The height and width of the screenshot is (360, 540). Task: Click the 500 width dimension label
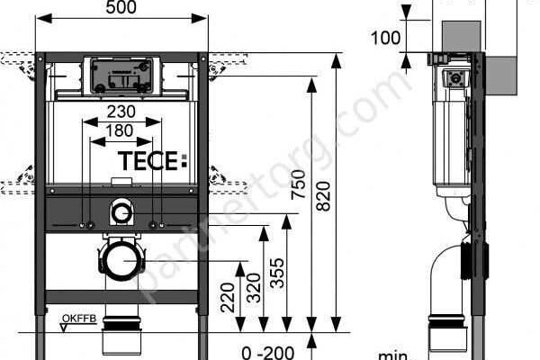pyautogui.click(x=121, y=7)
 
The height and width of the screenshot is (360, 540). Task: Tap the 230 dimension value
pyautogui.click(x=121, y=112)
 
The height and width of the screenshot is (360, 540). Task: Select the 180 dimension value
pyautogui.click(x=119, y=130)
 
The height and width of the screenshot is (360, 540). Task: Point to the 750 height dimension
pyautogui.click(x=298, y=184)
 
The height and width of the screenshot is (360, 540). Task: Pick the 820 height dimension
pyautogui.click(x=323, y=196)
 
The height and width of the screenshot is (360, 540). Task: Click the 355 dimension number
pyautogui.click(x=277, y=273)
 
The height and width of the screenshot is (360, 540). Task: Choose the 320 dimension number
pyautogui.click(x=254, y=288)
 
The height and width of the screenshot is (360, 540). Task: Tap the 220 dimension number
pyautogui.click(x=228, y=297)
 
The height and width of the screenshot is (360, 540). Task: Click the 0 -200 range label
pyautogui.click(x=268, y=353)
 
